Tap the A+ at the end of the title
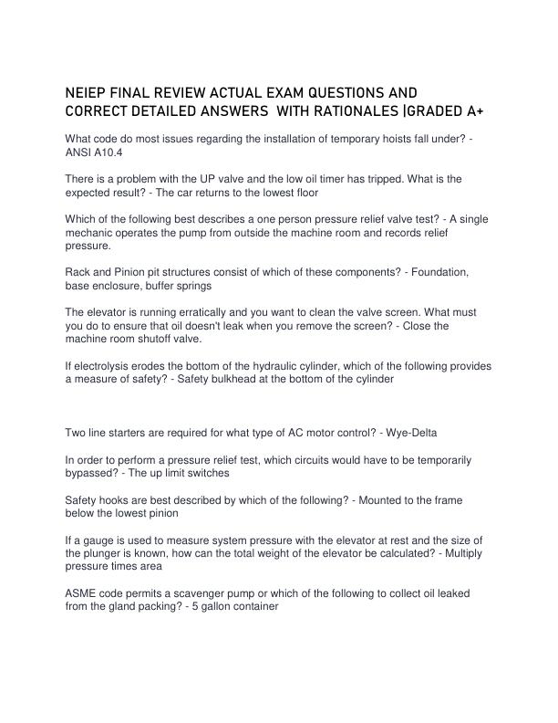(480, 110)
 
